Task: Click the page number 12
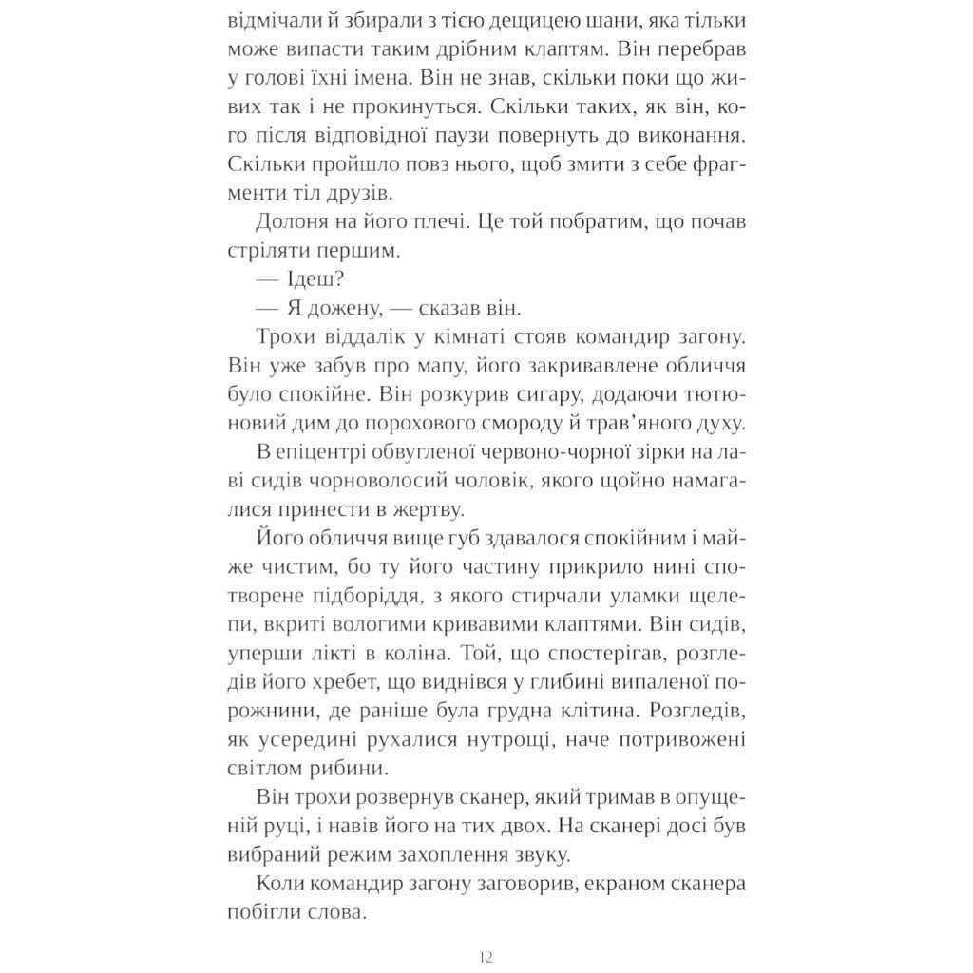486,956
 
